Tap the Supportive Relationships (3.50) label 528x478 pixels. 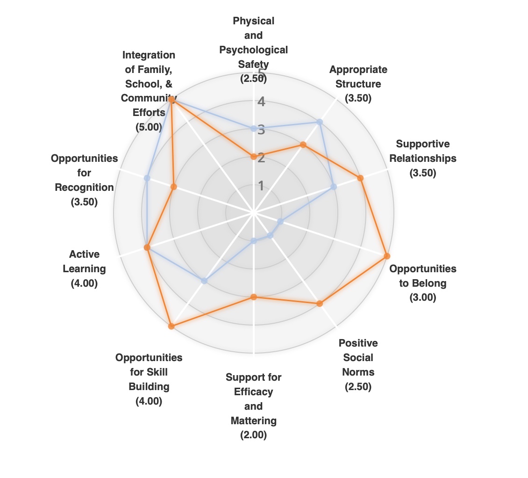pyautogui.click(x=422, y=158)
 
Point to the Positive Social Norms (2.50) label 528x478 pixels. pyautogui.click(x=358, y=365)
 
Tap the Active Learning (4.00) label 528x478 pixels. pyautogui.click(x=84, y=268)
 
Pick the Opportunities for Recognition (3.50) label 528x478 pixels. pyautogui.click(x=84, y=180)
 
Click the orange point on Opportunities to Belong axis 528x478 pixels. pyautogui.click(x=387, y=256)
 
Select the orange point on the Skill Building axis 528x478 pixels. pyautogui.click(x=171, y=326)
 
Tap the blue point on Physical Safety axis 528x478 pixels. pyautogui.click(x=253, y=128)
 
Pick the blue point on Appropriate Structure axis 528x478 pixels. pyautogui.click(x=320, y=122)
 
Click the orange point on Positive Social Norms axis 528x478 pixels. pyautogui.click(x=320, y=304)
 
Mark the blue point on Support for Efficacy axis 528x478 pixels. pyautogui.click(x=253, y=241)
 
